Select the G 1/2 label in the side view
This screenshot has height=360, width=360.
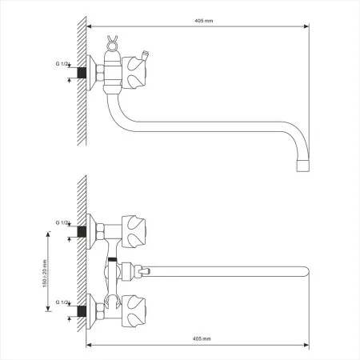coord(64,62)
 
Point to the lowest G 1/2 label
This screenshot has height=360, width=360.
coord(64,302)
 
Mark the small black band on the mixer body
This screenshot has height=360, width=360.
coord(113,261)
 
